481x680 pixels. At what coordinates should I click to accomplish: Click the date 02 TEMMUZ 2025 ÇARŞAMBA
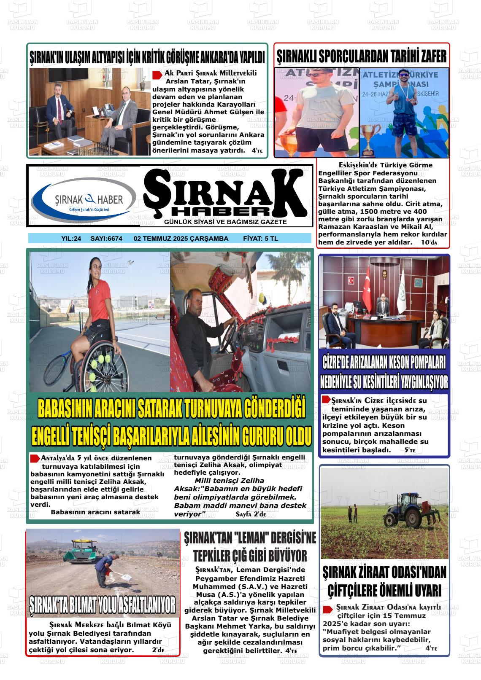181,239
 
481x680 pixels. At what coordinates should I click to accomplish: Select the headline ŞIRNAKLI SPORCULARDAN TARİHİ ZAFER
362,56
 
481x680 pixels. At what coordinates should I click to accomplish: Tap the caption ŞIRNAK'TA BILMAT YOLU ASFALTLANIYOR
103,605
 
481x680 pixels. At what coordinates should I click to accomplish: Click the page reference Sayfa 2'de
251,515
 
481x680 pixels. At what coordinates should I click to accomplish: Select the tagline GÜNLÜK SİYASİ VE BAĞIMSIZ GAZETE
226,222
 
